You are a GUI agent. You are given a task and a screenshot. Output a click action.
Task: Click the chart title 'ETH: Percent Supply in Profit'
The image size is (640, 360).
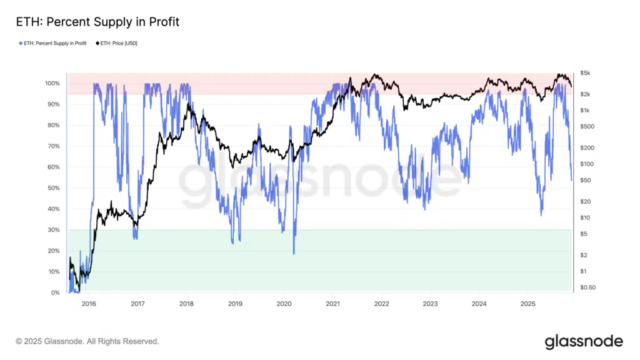click(97, 22)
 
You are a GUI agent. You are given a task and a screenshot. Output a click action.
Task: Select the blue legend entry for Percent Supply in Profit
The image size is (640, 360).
click(53, 43)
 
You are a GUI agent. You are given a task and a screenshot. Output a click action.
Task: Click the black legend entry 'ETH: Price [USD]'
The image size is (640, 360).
click(119, 43)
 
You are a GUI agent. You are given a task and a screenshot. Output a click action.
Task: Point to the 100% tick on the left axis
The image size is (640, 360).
click(52, 83)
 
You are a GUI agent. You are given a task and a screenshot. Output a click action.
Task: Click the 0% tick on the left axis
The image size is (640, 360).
click(55, 292)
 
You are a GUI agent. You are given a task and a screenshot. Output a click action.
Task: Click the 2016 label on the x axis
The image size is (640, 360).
click(89, 304)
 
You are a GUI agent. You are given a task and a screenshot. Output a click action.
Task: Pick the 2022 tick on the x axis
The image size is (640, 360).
click(381, 304)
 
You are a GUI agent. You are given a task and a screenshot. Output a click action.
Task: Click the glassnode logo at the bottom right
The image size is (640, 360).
click(583, 341)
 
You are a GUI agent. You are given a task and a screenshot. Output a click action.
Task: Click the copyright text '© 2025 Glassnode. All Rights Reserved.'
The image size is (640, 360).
click(87, 342)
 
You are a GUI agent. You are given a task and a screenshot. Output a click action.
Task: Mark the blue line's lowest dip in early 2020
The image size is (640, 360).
click(294, 253)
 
